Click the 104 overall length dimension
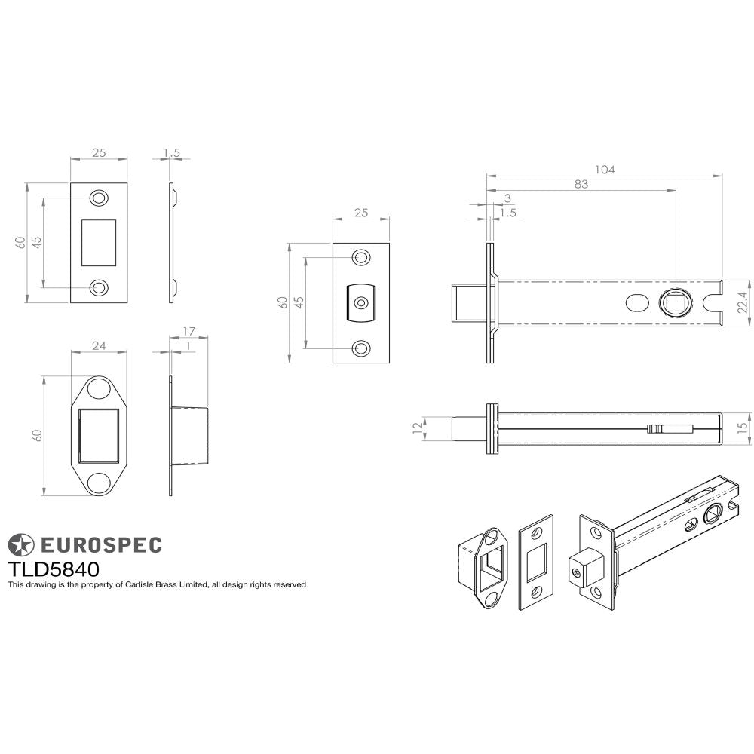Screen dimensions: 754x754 coord(604,170)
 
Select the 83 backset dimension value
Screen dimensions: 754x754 coord(581,184)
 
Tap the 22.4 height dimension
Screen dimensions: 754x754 coord(742,302)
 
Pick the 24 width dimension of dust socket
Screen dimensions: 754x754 coord(99,345)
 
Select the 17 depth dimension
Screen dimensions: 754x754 coord(189,331)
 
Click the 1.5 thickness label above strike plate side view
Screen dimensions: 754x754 coord(171,153)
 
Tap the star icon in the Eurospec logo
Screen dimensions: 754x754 coord(21,544)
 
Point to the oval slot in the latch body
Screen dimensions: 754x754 coord(636,303)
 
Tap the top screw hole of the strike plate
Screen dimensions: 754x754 coord(99,198)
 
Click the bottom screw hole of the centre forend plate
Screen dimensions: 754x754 coord(362,348)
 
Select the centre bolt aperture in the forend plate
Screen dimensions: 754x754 coord(362,302)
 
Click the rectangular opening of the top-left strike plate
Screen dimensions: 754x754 coord(99,242)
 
